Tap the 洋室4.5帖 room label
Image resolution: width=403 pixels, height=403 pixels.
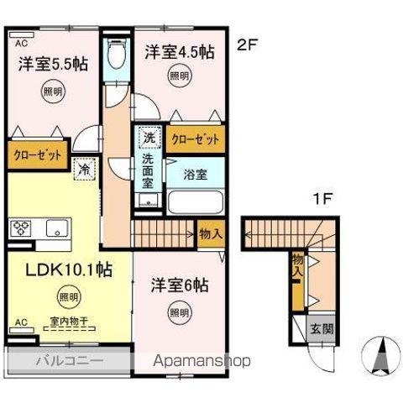coord(178,52)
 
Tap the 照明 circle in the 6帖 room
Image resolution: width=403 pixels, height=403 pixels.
coord(177,313)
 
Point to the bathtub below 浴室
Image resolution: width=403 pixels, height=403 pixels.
coord(194,202)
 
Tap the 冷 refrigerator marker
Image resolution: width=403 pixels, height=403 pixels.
coord(85,170)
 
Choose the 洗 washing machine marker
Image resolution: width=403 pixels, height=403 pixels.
coord(149,138)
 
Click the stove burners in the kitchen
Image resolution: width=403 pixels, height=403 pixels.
coord(21,228)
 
